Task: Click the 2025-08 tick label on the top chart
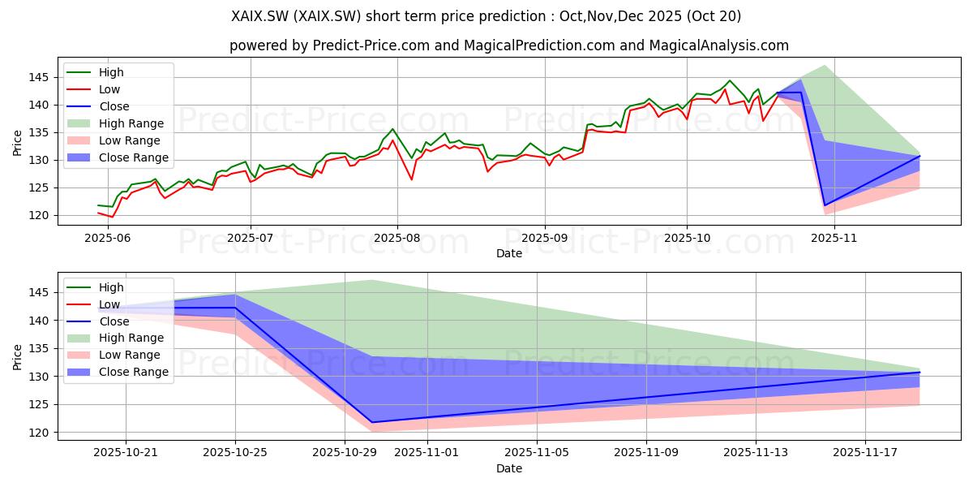397,239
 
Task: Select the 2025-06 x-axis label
108,239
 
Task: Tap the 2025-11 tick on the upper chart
834,239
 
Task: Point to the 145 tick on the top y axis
38,78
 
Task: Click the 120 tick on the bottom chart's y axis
38,433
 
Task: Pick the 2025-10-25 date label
235,453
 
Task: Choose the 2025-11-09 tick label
646,453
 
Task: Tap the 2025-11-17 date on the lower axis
865,453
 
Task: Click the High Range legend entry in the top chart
115,123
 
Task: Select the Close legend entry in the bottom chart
98,321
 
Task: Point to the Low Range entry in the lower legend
114,355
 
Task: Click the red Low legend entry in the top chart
93,89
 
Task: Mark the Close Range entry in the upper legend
118,157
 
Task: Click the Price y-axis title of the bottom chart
17,357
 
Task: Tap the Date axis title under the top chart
509,253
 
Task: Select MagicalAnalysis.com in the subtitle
719,45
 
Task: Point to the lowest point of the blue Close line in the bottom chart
372,422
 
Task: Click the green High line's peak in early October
729,80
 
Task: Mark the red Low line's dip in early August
411,179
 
